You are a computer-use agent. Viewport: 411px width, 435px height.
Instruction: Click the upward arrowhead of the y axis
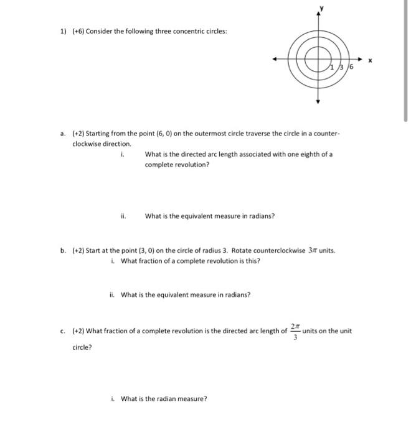tap(319, 14)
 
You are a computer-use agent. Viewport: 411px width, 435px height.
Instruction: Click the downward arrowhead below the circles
tap(319, 101)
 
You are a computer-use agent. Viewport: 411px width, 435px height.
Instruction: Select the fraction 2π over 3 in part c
tap(295, 331)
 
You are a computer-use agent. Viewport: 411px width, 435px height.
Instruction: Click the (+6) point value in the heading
tap(78, 31)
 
